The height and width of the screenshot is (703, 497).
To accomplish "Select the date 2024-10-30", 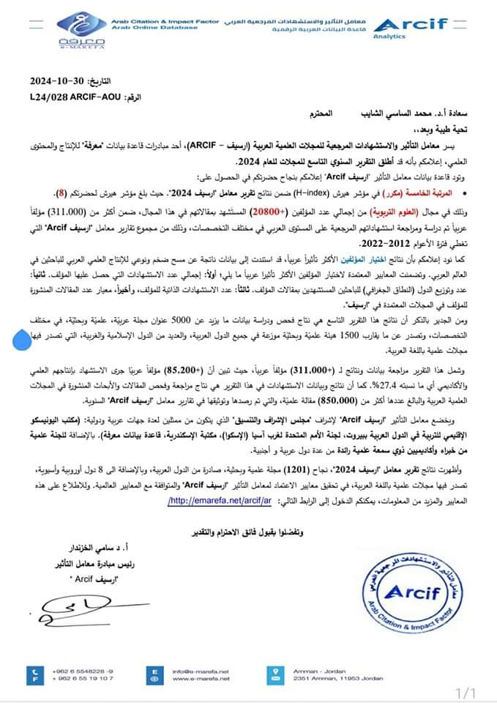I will pyautogui.click(x=59, y=80).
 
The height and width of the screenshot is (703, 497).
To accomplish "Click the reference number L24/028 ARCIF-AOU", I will pyautogui.click(x=72, y=96).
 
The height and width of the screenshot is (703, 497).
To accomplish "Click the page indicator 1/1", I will pyautogui.click(x=466, y=691).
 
